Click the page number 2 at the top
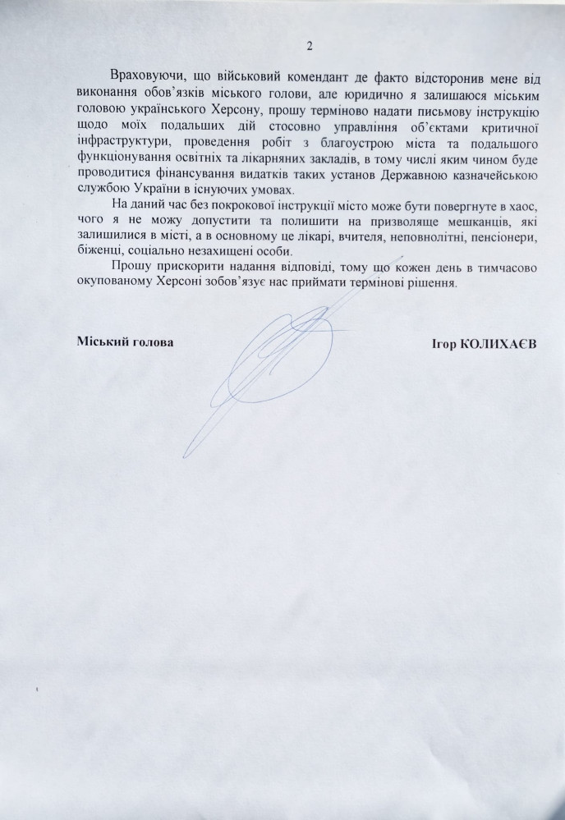pyautogui.click(x=309, y=46)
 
